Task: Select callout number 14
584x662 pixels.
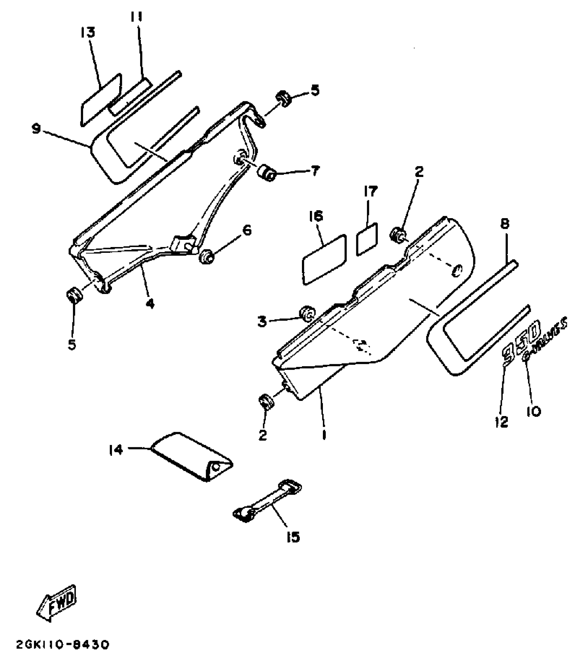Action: tap(116, 450)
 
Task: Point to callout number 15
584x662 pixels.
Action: tap(293, 537)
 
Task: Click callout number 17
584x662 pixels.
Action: tap(371, 191)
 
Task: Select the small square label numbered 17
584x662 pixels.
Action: tap(367, 239)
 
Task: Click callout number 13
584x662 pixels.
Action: tap(88, 33)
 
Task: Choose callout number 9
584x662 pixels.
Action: tap(36, 130)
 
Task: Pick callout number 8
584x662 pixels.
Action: tap(505, 224)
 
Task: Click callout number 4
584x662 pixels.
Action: tap(150, 304)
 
